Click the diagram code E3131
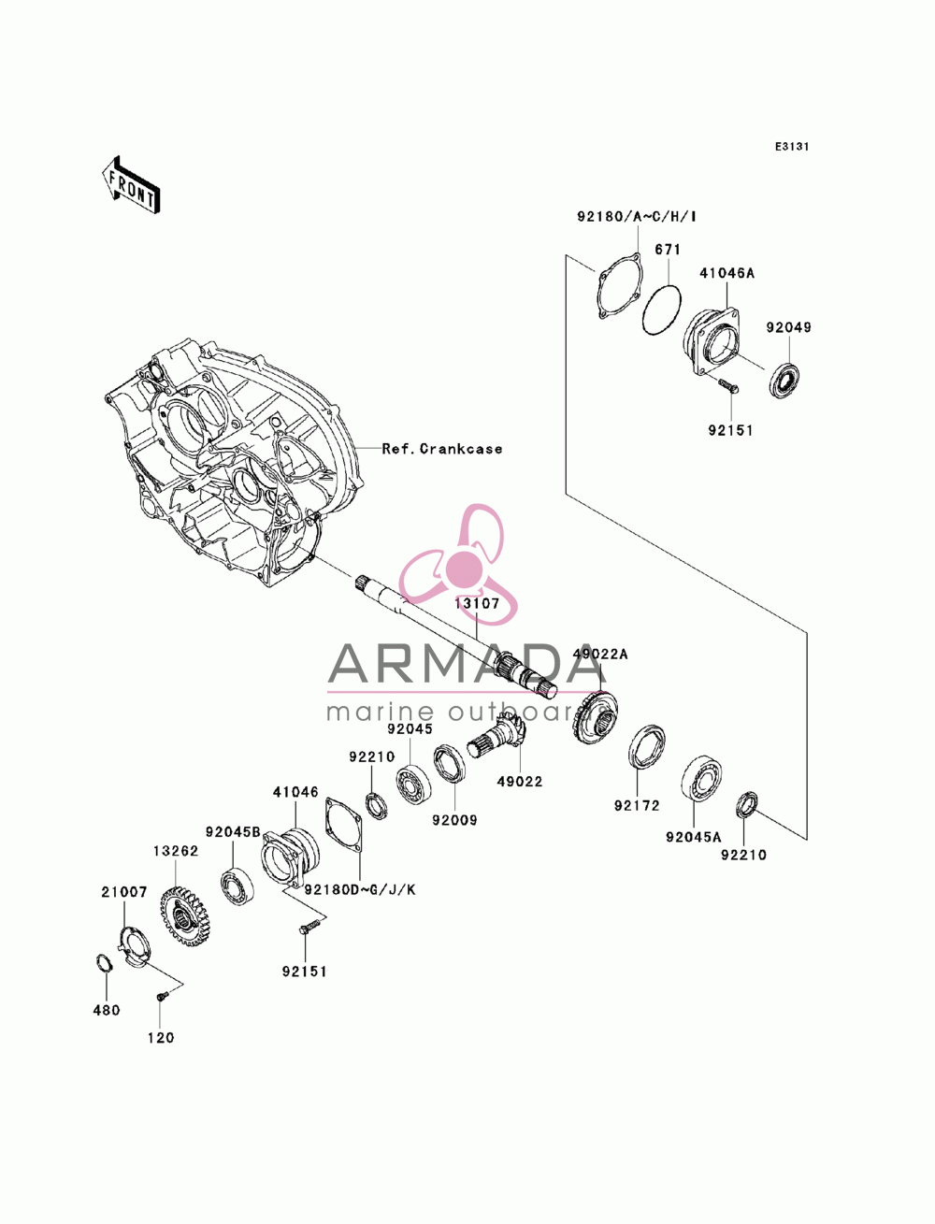(x=791, y=147)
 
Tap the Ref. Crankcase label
(x=441, y=449)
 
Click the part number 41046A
(x=726, y=273)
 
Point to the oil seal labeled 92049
(x=786, y=380)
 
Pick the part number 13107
(x=477, y=603)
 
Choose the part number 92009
(x=455, y=820)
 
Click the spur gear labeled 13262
(x=184, y=916)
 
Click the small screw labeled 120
(x=161, y=994)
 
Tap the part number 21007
(x=123, y=892)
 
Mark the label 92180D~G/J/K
(x=360, y=889)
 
